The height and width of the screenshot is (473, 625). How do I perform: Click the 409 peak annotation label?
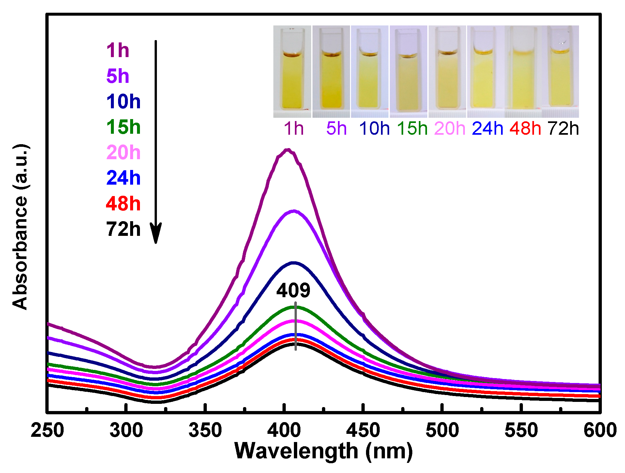tap(293, 290)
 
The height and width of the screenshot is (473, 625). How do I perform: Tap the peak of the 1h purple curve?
tap(287, 150)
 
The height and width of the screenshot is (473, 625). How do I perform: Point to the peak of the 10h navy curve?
tap(294, 262)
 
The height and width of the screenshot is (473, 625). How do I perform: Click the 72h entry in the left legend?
tap(123, 229)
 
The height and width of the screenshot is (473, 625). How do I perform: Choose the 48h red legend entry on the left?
tap(123, 204)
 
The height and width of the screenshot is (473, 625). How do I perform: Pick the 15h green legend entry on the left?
tap(123, 127)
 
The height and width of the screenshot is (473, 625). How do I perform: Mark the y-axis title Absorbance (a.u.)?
tap(20, 227)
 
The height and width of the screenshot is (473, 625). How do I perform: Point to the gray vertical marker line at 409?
tap(296, 326)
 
